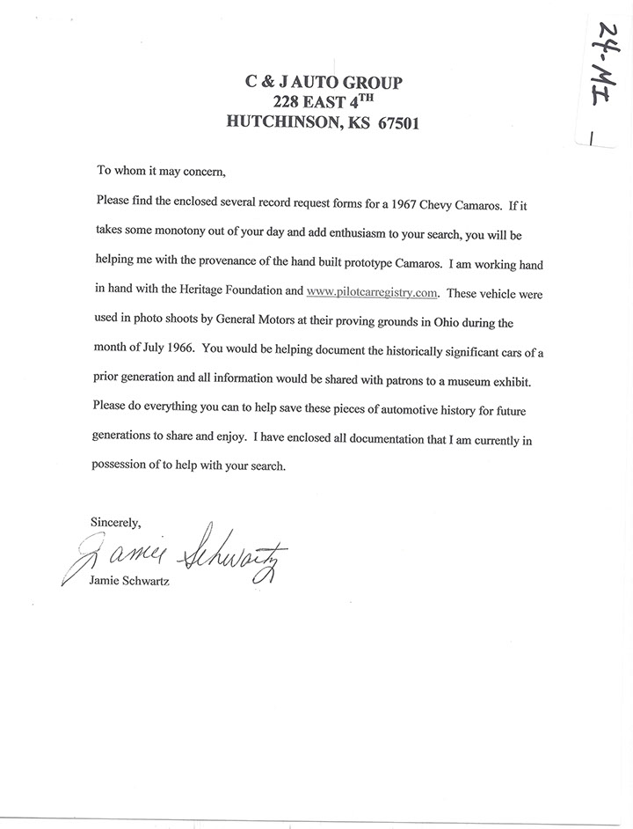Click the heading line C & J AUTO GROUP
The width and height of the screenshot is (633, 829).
[324, 82]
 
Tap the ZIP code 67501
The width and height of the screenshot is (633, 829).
[392, 123]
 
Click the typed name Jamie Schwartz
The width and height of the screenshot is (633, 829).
[130, 582]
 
